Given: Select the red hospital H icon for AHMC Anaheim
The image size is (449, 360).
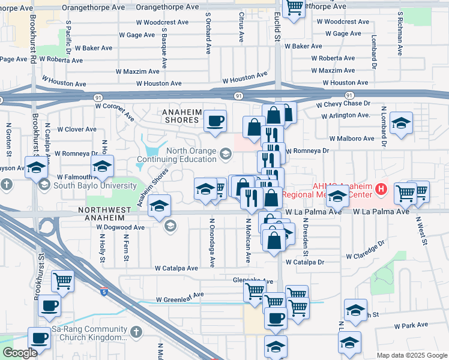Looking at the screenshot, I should click(380, 190).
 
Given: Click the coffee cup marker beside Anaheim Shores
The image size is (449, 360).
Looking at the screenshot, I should click(215, 122).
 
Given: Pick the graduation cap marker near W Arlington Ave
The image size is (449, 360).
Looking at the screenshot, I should click(401, 124).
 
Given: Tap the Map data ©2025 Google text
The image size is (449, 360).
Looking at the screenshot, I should click(411, 355).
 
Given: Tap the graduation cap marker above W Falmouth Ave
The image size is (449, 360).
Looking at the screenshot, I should click(102, 167).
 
